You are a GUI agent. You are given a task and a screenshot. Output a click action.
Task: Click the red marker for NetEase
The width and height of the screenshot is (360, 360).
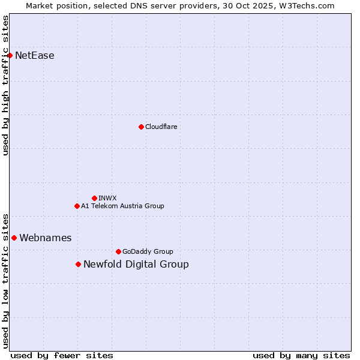tap(10, 56)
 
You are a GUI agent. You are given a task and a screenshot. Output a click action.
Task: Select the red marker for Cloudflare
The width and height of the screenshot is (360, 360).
tap(141, 127)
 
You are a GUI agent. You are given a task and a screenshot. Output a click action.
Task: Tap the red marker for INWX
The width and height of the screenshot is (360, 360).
tap(94, 198)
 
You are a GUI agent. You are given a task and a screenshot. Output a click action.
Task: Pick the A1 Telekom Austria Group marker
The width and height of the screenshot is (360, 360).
tap(77, 206)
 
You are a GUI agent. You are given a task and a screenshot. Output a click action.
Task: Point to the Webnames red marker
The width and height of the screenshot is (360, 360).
tap(14, 238)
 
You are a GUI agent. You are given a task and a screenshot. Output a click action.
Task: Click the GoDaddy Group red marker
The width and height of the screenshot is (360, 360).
tap(118, 251)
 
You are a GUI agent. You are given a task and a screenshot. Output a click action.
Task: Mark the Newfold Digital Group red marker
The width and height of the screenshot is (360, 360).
tap(78, 264)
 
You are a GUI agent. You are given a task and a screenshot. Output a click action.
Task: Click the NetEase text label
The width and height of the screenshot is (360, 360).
tap(34, 56)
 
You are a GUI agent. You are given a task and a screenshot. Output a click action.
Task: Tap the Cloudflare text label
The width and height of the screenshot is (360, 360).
tap(161, 127)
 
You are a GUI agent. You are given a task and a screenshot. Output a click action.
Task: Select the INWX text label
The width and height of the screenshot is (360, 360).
tap(107, 198)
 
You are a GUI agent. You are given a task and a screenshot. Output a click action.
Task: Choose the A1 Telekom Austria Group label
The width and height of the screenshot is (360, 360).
tap(122, 206)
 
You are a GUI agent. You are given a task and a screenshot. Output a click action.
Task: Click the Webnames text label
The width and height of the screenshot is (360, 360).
tap(45, 238)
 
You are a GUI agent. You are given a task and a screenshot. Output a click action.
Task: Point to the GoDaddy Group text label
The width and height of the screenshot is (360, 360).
tap(147, 251)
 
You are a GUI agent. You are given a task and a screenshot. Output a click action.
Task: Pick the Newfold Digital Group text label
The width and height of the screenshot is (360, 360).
tap(136, 264)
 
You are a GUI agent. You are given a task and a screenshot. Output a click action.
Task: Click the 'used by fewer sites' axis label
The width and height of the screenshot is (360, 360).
tap(62, 355)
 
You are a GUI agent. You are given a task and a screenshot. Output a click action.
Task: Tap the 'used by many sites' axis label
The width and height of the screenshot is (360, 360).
tap(301, 355)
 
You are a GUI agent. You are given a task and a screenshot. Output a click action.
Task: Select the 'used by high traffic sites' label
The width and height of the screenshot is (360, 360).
tap(5, 85)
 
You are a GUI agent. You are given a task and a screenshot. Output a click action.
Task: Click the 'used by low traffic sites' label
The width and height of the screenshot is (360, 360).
tap(5, 280)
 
